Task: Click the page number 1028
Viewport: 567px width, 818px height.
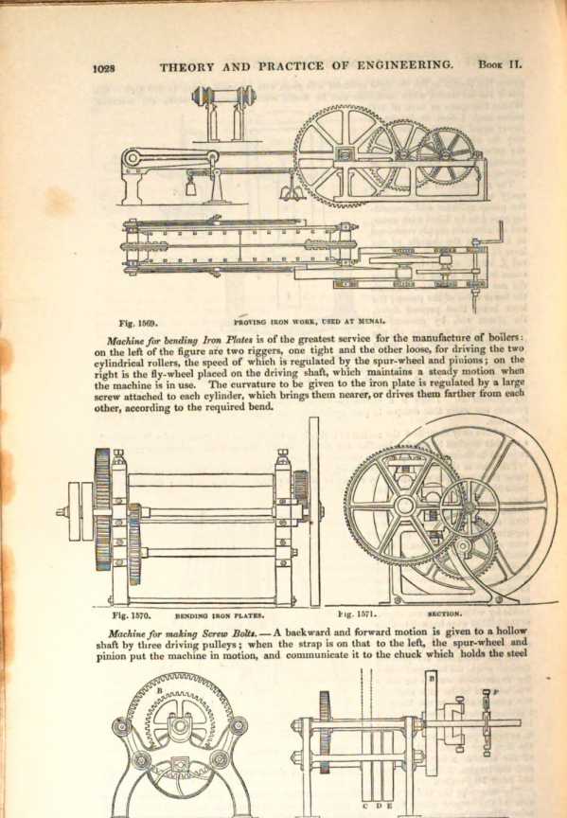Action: click(x=104, y=68)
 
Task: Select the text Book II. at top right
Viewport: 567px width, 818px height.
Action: click(x=500, y=64)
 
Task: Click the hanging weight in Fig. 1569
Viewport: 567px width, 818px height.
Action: click(x=191, y=187)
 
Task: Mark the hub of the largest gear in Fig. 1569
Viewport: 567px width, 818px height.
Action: click(x=344, y=154)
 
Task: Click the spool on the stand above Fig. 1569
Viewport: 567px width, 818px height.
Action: click(x=224, y=97)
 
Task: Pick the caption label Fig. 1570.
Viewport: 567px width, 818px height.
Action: click(x=132, y=615)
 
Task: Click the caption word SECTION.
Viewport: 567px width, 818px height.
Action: click(x=445, y=614)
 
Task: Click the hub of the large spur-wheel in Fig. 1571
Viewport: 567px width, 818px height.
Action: click(x=403, y=505)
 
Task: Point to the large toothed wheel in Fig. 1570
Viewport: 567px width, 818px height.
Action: click(x=103, y=509)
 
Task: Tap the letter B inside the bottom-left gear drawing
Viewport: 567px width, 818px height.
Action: click(x=160, y=690)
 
